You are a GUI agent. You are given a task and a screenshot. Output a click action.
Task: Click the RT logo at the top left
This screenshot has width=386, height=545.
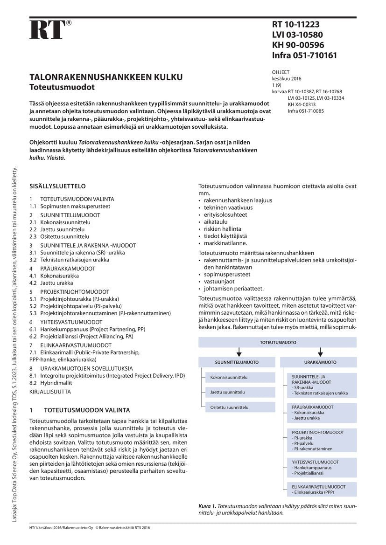[48, 30]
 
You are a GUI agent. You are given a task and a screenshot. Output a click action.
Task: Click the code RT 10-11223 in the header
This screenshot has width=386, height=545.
[296, 25]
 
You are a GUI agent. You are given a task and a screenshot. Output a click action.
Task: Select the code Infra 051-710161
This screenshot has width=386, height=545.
[304, 55]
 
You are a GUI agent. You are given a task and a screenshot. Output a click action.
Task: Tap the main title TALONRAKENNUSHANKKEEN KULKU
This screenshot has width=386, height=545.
[106, 77]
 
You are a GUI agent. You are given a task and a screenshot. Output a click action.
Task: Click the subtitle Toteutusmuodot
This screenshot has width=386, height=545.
[62, 87]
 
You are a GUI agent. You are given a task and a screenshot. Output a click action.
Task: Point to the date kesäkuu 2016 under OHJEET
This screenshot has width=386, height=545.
[287, 79]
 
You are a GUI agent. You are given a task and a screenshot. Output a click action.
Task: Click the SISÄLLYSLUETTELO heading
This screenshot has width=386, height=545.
[57, 186]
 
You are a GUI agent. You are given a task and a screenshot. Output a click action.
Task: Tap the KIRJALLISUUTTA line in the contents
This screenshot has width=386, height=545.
[50, 392]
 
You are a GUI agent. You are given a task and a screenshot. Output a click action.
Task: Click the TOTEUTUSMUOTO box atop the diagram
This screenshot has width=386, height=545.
[278, 342]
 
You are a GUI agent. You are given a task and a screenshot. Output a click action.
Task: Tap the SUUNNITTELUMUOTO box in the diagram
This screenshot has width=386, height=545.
[237, 362]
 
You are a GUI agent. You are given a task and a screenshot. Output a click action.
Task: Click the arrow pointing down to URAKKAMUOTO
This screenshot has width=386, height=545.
[320, 352]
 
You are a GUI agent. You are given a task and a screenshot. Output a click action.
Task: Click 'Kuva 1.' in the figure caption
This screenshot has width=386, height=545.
[207, 506]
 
